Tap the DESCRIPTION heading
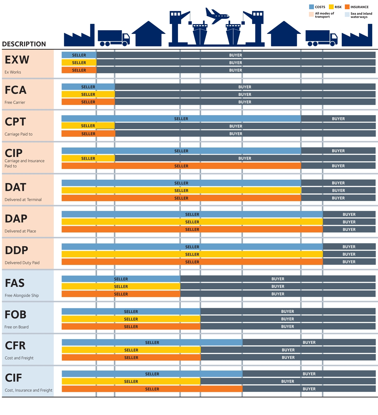click(x=24, y=44)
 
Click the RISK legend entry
click(x=335, y=7)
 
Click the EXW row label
click(x=17, y=60)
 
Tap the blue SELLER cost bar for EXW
click(x=79, y=55)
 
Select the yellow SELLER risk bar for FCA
click(x=88, y=94)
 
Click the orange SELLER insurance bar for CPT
click(x=88, y=133)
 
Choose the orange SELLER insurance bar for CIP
click(x=181, y=166)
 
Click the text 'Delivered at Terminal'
click(x=23, y=200)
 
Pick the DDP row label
click(x=17, y=250)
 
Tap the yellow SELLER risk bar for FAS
click(x=121, y=286)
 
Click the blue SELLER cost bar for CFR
click(x=152, y=342)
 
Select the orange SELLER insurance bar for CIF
click(x=152, y=389)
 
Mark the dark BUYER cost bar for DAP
click(x=349, y=214)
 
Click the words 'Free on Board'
click(x=17, y=327)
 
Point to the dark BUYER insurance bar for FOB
click(x=288, y=326)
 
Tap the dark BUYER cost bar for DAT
click(x=338, y=183)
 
